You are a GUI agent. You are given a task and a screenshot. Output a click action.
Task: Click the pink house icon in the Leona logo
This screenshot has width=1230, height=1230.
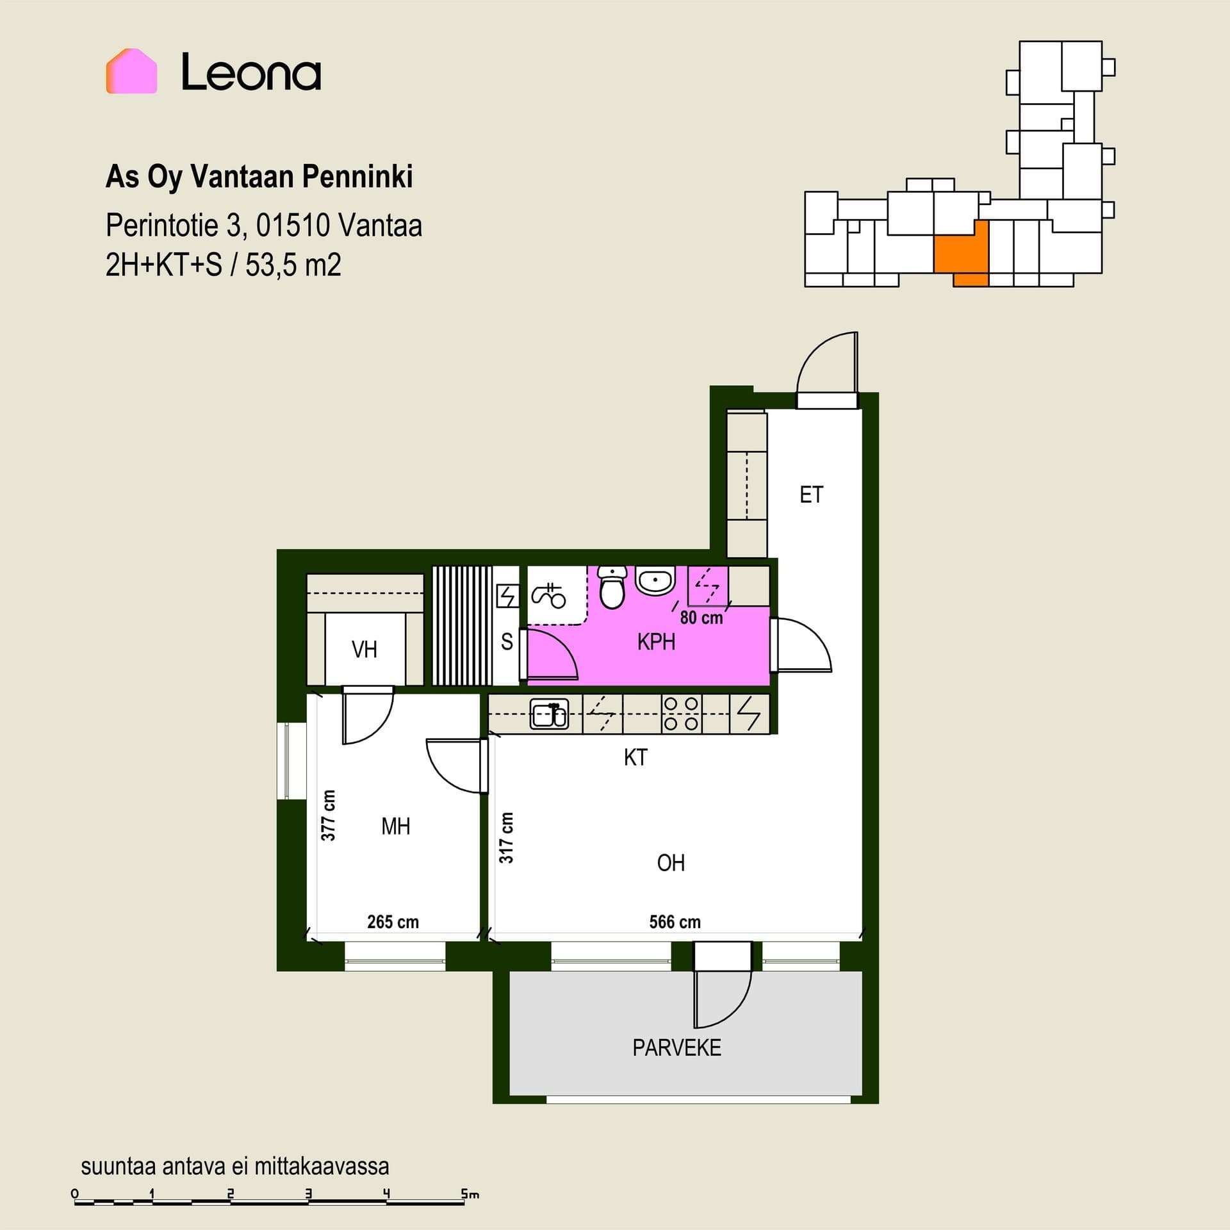131,71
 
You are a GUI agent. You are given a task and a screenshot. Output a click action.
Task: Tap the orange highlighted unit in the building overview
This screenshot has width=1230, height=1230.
960,250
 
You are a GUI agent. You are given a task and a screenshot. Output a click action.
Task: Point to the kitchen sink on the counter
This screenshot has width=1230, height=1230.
549,714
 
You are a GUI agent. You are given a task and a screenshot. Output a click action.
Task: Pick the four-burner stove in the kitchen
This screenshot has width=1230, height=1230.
681,714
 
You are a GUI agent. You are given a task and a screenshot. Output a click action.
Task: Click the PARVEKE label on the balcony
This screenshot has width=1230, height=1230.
676,1047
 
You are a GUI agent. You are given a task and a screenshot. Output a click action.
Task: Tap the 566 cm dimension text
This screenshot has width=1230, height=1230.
675,922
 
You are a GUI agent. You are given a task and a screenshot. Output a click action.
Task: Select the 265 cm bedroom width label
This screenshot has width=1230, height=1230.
393,922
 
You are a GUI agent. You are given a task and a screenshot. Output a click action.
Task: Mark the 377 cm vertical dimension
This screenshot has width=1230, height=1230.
328,815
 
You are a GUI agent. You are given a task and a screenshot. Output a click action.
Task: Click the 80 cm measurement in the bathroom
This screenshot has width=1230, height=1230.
701,618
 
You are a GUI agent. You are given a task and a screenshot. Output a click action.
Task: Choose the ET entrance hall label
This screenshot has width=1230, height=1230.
811,495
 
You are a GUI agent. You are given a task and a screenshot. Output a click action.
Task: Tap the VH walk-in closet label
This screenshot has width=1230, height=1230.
364,650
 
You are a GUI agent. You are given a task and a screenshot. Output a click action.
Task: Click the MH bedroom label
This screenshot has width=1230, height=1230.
395,826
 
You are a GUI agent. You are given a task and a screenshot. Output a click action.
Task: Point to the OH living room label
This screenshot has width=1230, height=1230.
671,863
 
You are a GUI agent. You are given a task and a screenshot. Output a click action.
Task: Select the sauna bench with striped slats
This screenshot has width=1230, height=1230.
462,626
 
